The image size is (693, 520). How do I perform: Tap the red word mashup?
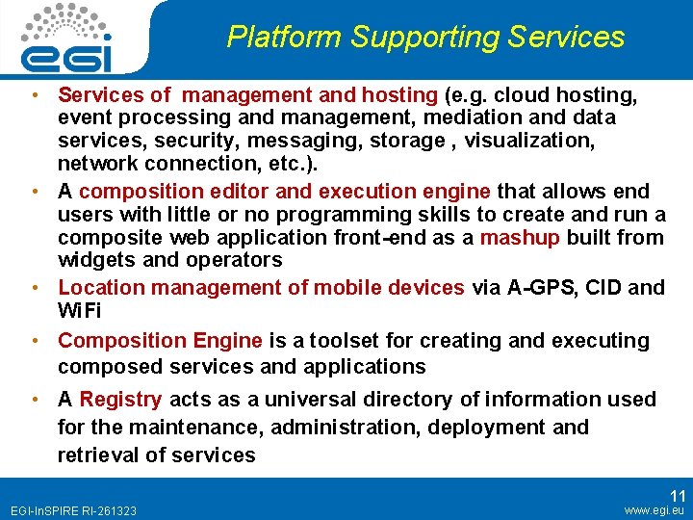(x=520, y=237)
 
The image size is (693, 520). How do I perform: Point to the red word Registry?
(x=121, y=399)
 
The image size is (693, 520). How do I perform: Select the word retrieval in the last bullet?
(x=97, y=455)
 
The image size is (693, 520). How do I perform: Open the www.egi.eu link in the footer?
(x=654, y=509)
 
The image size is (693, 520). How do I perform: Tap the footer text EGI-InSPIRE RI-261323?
(x=73, y=510)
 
